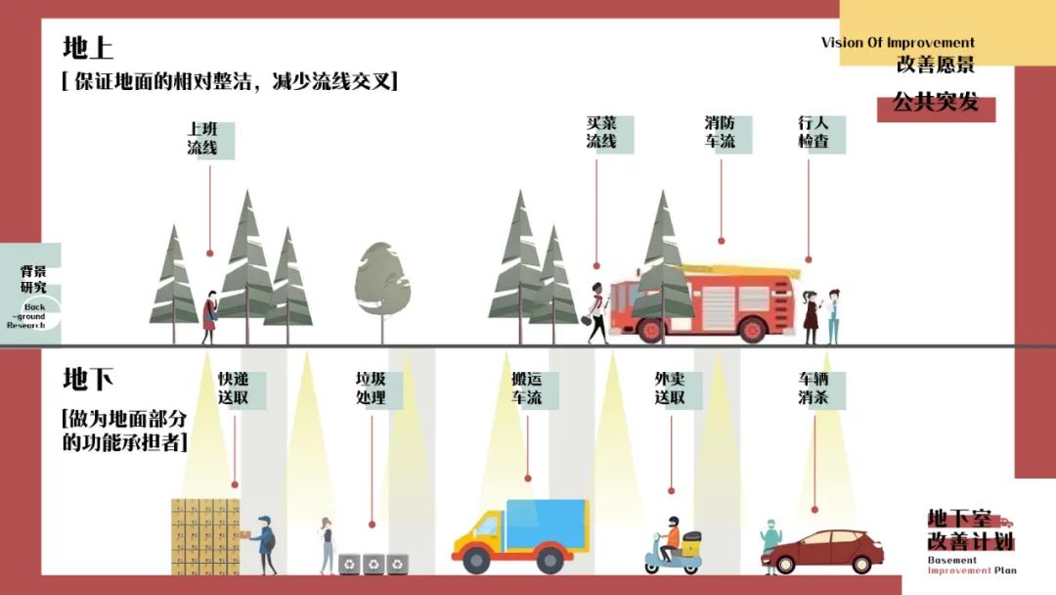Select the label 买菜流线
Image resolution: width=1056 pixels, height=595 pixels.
(x=602, y=133)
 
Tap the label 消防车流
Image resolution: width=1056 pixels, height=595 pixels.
(x=721, y=133)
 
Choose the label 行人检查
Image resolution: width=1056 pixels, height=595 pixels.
(x=814, y=133)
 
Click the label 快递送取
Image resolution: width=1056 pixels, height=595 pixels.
(x=234, y=389)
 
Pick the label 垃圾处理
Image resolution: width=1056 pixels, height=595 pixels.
(x=371, y=389)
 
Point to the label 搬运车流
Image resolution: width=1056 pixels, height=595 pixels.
(x=527, y=389)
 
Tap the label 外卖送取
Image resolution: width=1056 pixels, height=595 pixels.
(x=671, y=389)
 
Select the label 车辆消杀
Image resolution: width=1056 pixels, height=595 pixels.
(x=814, y=389)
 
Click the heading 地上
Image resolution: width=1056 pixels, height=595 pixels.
(x=88, y=47)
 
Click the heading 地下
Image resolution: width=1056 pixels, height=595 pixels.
(x=88, y=379)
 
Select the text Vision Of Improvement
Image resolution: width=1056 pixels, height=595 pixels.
(x=898, y=43)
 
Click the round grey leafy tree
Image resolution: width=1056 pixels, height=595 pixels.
(x=382, y=283)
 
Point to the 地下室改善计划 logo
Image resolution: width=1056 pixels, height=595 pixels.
(x=971, y=537)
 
